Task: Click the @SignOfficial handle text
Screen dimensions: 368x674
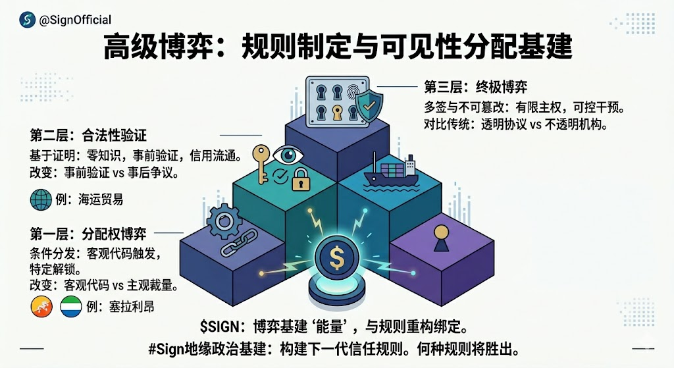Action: [75, 20]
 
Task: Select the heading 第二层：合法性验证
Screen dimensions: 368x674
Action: [88, 136]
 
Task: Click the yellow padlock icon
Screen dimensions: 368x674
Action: [300, 178]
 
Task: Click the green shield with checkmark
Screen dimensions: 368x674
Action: [368, 103]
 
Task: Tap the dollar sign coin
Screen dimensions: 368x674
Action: [336, 257]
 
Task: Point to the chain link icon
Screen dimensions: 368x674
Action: [234, 246]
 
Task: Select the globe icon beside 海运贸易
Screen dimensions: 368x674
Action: [40, 198]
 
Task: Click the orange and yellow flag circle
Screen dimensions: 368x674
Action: [41, 306]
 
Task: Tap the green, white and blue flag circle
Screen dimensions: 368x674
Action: [71, 306]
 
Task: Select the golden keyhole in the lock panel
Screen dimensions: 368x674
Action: [337, 112]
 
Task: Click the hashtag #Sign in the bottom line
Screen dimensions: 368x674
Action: [167, 348]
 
